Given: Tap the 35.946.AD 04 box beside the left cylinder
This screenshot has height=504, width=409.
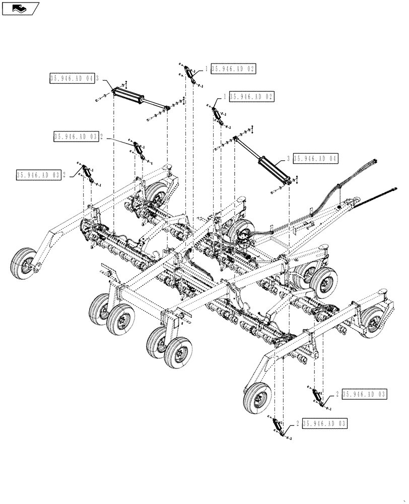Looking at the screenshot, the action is [x=73, y=78].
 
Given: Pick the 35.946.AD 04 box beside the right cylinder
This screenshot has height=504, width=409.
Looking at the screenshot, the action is [x=315, y=158].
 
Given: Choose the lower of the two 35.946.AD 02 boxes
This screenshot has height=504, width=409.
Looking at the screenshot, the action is [x=252, y=96].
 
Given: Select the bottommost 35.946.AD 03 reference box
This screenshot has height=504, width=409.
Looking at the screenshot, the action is [x=325, y=424].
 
